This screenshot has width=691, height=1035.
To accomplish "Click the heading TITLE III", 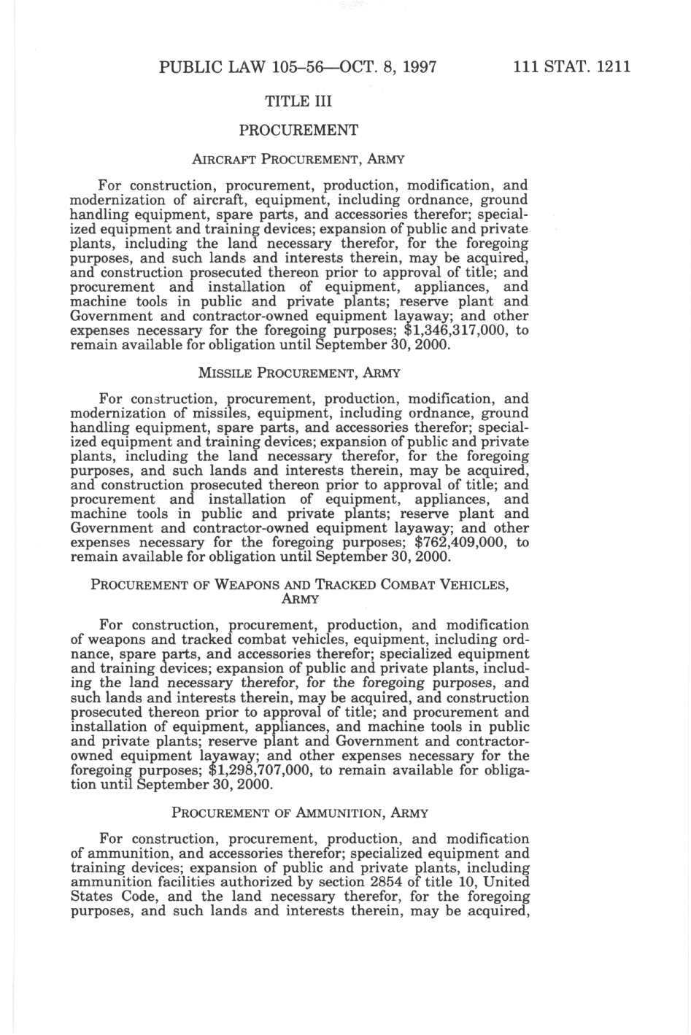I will pos(298,101).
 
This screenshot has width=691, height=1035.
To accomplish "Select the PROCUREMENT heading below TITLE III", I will pos(298,131).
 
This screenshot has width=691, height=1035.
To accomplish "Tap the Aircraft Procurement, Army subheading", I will pos(298,159).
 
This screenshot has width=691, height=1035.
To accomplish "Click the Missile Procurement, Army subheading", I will pos(298,373).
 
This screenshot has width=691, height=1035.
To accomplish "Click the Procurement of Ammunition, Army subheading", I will pos(299,813).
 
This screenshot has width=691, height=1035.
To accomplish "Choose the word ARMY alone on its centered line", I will pos(299,600).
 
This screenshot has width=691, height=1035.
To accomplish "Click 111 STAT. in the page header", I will pos(552,68).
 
